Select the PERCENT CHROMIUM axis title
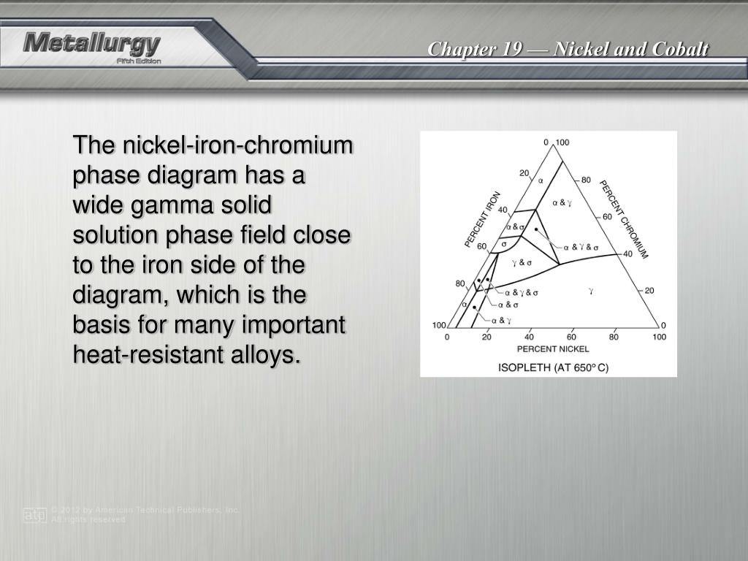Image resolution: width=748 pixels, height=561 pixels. (x=625, y=218)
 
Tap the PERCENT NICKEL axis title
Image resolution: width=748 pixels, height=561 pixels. (x=553, y=349)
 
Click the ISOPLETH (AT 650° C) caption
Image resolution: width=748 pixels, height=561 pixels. (x=553, y=367)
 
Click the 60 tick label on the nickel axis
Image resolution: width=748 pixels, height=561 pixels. (x=571, y=337)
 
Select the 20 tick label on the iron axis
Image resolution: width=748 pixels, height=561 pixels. (x=524, y=172)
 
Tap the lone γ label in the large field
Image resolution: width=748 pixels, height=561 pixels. (x=590, y=291)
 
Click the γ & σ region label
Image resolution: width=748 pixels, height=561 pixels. (x=522, y=262)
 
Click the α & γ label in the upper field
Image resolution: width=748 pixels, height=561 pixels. (x=561, y=202)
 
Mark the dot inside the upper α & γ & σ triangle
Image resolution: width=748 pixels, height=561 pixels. (x=537, y=229)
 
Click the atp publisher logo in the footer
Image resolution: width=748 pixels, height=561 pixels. (x=34, y=514)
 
